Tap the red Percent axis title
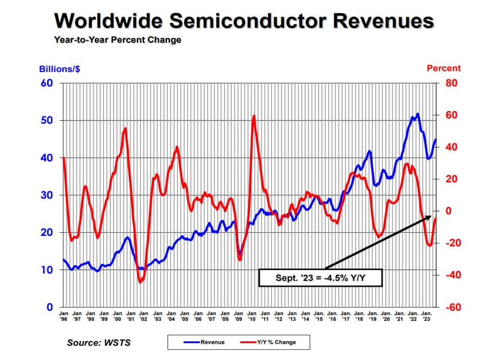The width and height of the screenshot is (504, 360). click(x=443, y=68)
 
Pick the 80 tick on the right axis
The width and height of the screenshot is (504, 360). click(x=451, y=83)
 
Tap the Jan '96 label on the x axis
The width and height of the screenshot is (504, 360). click(x=64, y=316)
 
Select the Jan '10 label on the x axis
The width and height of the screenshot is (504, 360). click(x=251, y=316)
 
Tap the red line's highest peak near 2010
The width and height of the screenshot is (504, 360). click(x=254, y=116)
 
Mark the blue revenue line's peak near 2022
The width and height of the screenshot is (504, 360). click(x=418, y=113)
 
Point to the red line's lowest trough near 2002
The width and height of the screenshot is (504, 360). click(x=140, y=282)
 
